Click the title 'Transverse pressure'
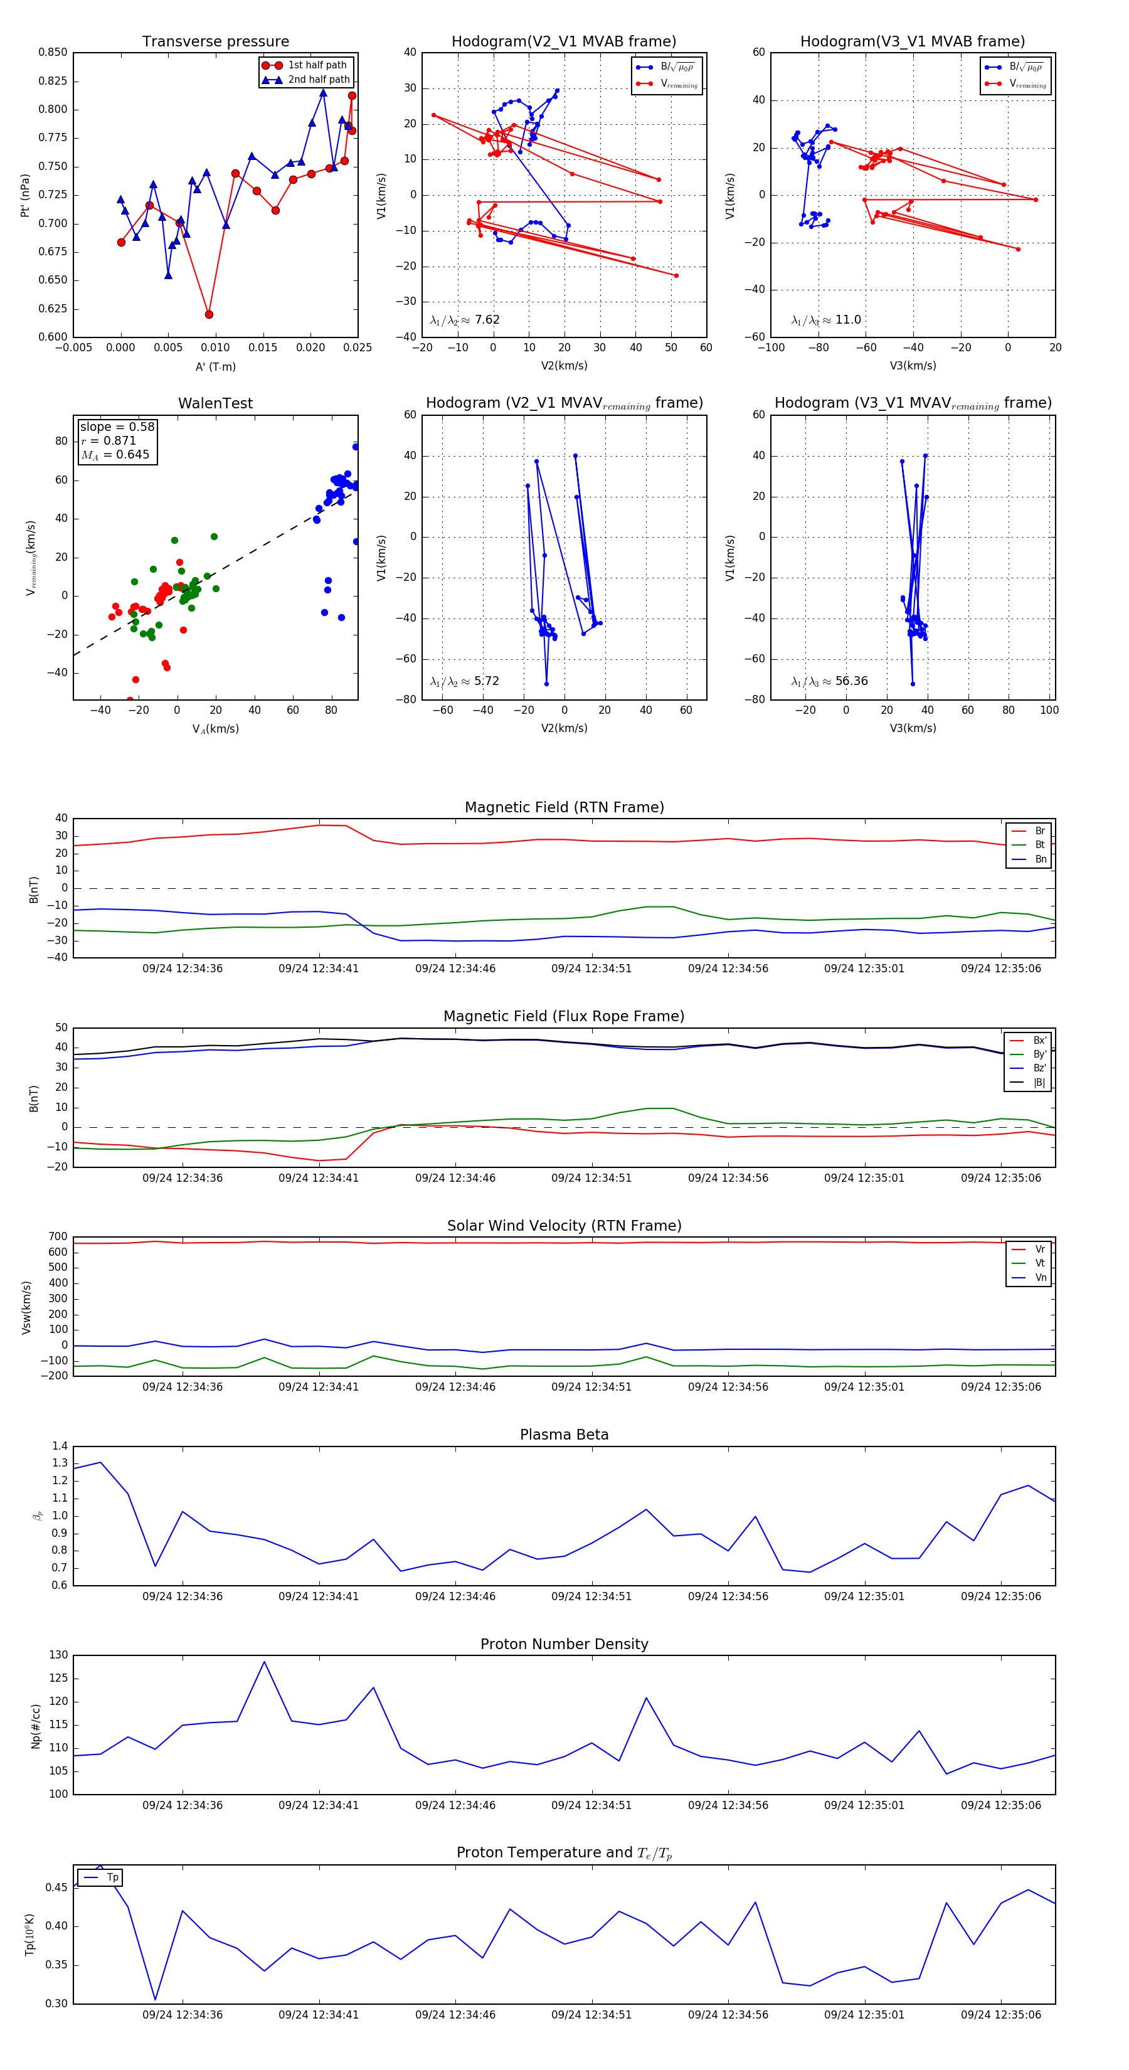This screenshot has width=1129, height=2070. tap(215, 42)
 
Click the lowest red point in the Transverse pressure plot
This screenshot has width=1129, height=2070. tap(209, 314)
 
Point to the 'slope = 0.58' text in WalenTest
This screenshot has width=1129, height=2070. tap(117, 427)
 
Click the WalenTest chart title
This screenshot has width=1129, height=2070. tap(215, 403)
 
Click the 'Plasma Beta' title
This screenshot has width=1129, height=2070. tap(564, 1435)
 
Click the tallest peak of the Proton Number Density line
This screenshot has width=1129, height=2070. tap(264, 1662)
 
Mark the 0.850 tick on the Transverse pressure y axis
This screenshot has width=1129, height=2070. tap(53, 52)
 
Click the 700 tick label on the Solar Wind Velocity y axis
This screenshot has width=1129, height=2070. tap(58, 1237)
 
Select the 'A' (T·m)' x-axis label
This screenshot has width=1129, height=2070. tap(215, 366)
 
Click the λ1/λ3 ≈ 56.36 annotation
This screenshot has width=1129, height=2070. tap(829, 681)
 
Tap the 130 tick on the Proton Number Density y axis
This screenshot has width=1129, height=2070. tap(59, 1655)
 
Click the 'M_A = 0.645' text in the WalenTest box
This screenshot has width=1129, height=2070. tap(115, 455)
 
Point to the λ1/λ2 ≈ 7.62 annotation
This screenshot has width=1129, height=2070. tap(464, 320)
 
